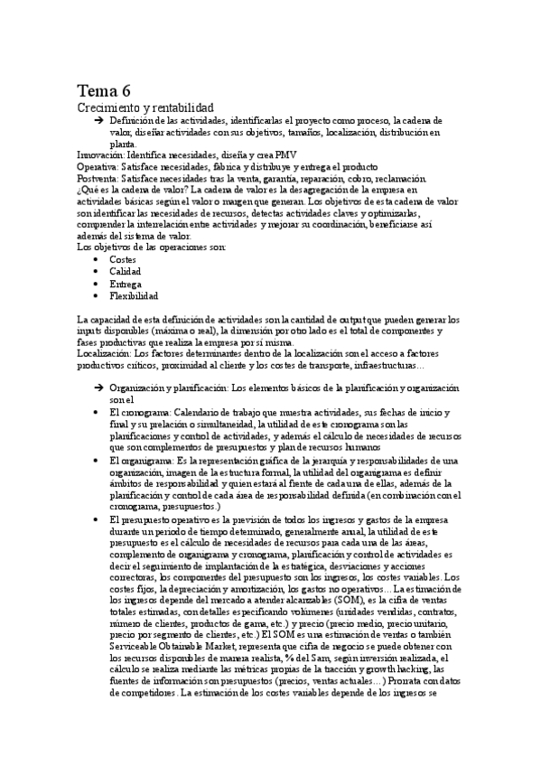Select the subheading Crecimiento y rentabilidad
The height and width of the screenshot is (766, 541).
(145, 107)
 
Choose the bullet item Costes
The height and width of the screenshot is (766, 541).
(123, 259)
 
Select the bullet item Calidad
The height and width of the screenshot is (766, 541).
(125, 271)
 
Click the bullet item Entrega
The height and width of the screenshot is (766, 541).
(126, 284)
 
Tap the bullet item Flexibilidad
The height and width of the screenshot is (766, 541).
(134, 295)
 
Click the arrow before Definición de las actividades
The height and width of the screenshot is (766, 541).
(98, 119)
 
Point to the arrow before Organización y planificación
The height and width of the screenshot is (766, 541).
(98, 388)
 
